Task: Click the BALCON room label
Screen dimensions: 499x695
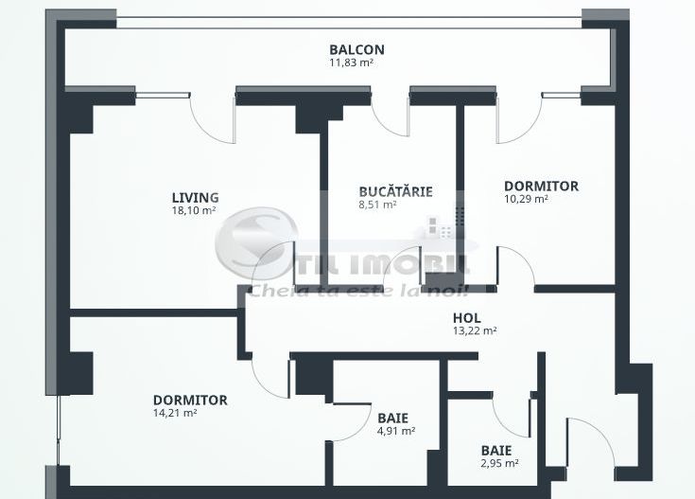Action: (x=356, y=50)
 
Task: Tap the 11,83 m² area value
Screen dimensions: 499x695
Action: (x=356, y=63)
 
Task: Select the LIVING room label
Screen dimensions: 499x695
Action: (x=195, y=198)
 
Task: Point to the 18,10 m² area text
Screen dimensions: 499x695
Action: (x=195, y=211)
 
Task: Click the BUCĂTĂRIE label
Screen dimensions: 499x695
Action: (x=395, y=191)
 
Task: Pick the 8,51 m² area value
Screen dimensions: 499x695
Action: (x=377, y=204)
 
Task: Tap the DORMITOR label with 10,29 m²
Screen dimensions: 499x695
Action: (x=541, y=187)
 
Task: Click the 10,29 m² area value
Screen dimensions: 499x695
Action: (x=526, y=200)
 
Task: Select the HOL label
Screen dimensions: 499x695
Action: (x=468, y=318)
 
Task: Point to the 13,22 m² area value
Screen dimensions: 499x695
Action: (x=475, y=331)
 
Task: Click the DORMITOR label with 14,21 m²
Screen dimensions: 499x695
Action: (x=190, y=400)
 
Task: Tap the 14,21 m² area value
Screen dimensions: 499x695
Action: (x=175, y=413)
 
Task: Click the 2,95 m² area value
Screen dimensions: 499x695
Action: (x=498, y=464)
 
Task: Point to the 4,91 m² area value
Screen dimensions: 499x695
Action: (x=396, y=431)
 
